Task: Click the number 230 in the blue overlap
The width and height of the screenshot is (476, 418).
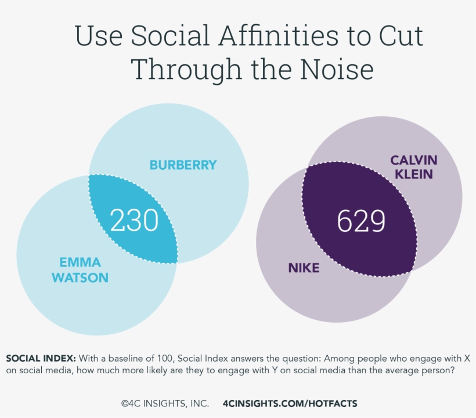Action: click(x=134, y=221)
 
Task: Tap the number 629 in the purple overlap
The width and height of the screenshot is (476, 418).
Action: click(x=361, y=221)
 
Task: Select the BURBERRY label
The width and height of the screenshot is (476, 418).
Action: click(x=183, y=165)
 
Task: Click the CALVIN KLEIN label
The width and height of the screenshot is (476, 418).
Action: click(x=413, y=166)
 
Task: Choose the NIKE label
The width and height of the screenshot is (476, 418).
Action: click(x=304, y=268)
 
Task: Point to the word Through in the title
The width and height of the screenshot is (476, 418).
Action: click(x=186, y=69)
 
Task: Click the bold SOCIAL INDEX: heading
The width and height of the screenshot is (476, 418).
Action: click(x=40, y=358)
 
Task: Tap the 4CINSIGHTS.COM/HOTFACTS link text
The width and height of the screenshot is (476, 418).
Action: click(x=290, y=403)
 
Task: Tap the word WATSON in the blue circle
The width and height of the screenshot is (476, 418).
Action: click(x=80, y=277)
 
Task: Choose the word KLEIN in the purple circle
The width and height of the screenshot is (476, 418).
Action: click(x=413, y=173)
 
